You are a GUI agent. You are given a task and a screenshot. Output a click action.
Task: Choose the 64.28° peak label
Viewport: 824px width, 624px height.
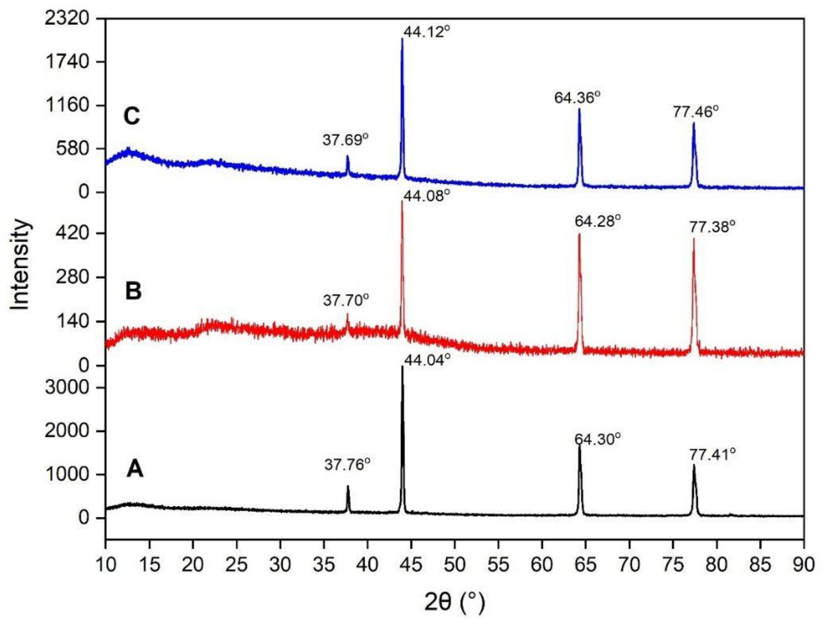tap(598, 221)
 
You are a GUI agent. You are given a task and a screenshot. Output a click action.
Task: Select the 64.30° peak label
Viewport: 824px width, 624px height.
tap(598, 439)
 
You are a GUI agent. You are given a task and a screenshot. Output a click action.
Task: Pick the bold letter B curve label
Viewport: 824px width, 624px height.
tap(133, 291)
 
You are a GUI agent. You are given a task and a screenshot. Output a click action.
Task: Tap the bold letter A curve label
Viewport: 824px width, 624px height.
tap(134, 469)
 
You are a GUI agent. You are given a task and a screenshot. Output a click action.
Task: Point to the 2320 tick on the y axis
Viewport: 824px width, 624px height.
tap(67, 19)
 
